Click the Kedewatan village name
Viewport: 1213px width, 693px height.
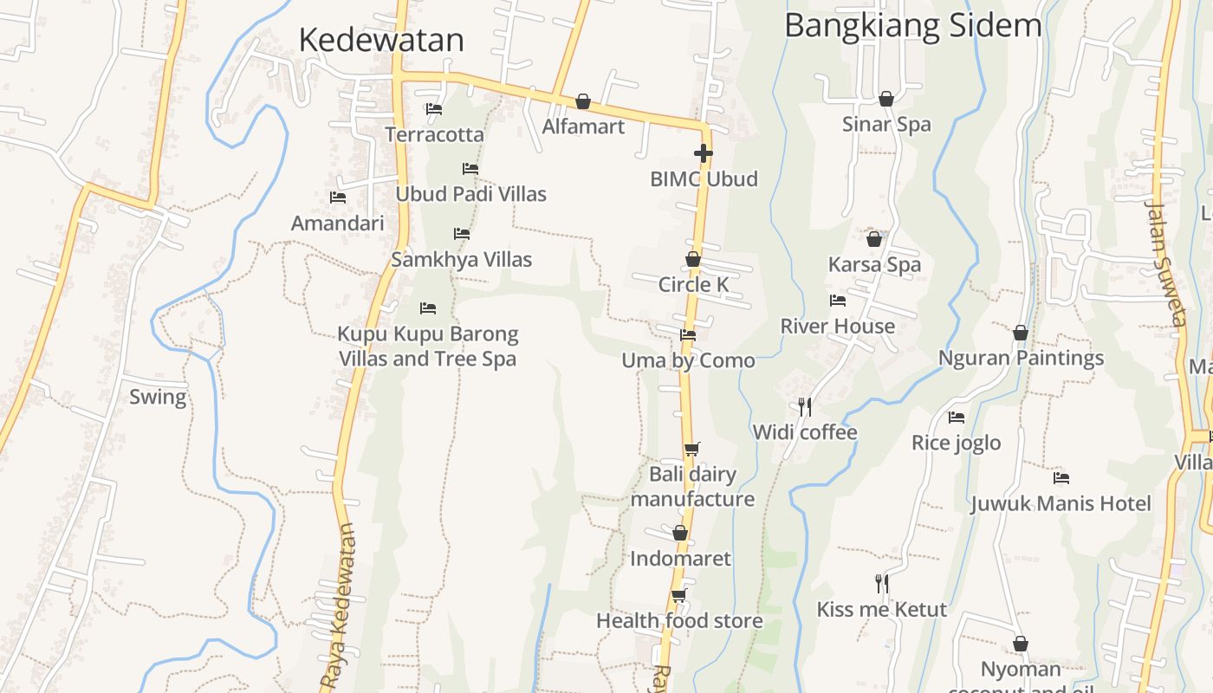coord(381,40)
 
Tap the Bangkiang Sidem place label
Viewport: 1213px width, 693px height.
coord(912,26)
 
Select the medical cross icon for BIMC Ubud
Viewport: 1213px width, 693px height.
coord(704,154)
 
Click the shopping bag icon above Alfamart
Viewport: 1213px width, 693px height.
coord(583,102)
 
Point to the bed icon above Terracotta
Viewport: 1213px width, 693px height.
coord(434,109)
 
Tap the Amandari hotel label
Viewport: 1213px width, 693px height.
coord(337,223)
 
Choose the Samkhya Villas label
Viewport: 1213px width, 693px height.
coord(461,259)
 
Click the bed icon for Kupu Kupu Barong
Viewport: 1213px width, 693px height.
coord(428,308)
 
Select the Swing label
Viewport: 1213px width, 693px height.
coord(158,398)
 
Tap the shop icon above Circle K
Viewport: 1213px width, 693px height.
coord(693,259)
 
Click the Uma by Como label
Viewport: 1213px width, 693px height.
coord(688,360)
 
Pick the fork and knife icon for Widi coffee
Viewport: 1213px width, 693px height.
coord(805,406)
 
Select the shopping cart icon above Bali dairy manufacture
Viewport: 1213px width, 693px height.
coord(691,449)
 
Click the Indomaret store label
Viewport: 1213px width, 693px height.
coord(680,559)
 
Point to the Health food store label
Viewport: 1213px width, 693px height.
coord(679,621)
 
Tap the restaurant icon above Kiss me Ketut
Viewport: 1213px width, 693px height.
coord(882,584)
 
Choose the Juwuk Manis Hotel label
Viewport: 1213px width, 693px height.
coord(1061,503)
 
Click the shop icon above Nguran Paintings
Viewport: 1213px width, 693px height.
coord(1021,333)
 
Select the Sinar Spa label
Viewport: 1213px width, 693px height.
coord(886,124)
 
